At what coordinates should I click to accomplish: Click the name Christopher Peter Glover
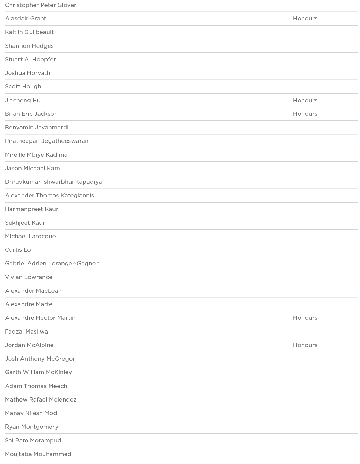41,5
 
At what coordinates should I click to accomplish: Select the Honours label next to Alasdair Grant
305,19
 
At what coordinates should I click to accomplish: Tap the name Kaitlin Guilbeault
30,32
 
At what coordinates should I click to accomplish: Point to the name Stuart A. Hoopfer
30,60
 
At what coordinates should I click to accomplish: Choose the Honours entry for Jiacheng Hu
305,101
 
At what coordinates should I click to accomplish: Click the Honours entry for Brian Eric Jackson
305,114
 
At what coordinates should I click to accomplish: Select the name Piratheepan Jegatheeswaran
47,141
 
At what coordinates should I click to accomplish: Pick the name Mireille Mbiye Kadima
36,155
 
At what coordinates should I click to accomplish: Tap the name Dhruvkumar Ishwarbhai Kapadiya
53,182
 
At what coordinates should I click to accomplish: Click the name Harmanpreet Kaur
32,209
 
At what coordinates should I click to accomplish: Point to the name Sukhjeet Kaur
25,223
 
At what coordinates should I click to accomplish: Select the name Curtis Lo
18,250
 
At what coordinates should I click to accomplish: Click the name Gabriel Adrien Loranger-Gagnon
52,264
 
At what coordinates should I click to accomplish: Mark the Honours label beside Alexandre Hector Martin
305,318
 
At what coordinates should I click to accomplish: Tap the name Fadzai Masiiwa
26,332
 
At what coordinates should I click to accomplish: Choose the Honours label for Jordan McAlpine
305,345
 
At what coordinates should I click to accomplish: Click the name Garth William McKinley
38,372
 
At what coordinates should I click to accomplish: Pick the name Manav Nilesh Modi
32,413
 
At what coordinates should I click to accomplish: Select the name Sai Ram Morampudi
34,441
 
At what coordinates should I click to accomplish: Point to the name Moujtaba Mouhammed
38,454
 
